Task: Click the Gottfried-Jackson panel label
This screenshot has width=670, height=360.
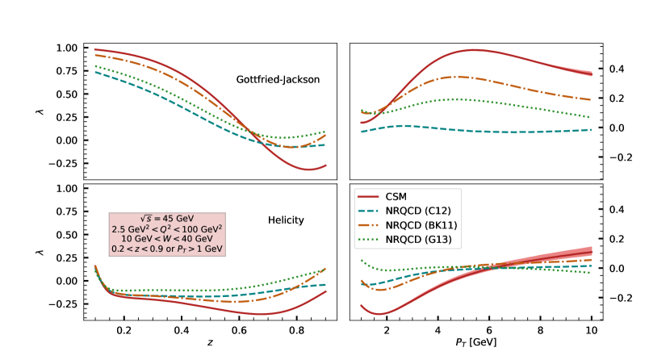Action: coord(278,80)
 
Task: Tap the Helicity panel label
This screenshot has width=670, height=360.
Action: coord(287,220)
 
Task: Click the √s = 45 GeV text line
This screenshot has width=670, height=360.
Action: coord(167,219)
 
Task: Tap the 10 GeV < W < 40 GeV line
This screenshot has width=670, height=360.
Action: coord(167,239)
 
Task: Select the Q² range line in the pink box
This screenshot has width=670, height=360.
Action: coord(167,228)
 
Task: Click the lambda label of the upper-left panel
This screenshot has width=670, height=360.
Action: coord(40,111)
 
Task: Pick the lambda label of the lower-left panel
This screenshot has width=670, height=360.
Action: coord(40,252)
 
